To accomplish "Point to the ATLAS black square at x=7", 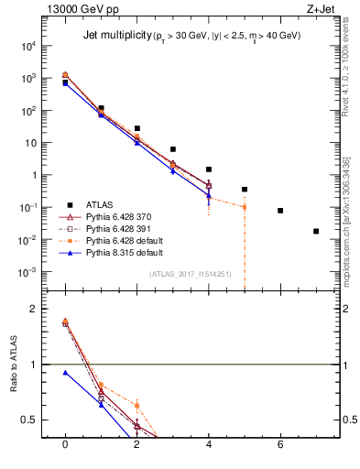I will tap(316, 231).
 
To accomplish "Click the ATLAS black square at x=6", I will tap(280, 211).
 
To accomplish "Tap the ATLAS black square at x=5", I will tap(245, 190).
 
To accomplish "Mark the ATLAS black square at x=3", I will tap(173, 149).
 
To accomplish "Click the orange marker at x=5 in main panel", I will tap(245, 207).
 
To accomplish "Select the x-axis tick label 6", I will tap(280, 446).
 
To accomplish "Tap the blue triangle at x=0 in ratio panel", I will tap(65, 373).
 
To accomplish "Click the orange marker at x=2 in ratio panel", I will tap(137, 405).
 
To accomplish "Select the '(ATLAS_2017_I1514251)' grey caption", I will tap(191, 273).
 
